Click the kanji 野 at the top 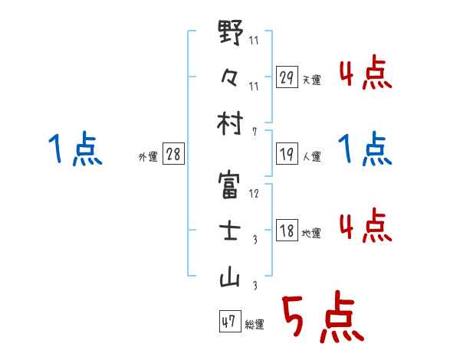(231, 34)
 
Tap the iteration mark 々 (231, 79)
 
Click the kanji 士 (231, 232)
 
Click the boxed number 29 (287, 77)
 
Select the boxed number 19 (287, 155)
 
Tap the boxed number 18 (287, 231)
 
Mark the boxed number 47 (228, 322)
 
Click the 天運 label (312, 80)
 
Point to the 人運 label (312, 156)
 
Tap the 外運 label (148, 156)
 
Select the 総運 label (254, 324)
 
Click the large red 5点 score (322, 319)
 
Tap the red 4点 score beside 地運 (365, 226)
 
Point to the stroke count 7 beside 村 (254, 133)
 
